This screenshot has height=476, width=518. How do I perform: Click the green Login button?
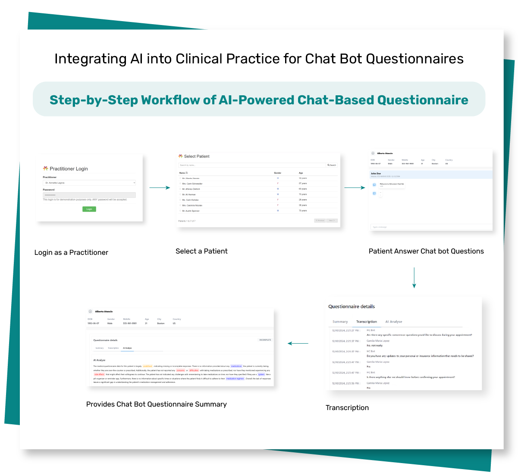pyautogui.click(x=89, y=209)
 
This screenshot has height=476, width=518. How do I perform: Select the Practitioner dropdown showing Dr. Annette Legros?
pyautogui.click(x=89, y=183)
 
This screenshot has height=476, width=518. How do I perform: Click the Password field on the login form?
pyautogui.click(x=89, y=195)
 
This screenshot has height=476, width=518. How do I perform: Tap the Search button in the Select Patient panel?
pyautogui.click(x=332, y=165)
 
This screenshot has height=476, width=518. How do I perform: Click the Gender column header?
pyautogui.click(x=278, y=173)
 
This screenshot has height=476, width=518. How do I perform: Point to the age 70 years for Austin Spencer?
pyautogui.click(x=303, y=211)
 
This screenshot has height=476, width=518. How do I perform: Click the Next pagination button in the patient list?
pyautogui.click(x=332, y=220)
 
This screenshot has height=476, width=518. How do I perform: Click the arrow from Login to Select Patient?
pyautogui.click(x=160, y=188)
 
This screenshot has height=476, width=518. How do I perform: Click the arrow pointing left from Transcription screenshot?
pyautogui.click(x=298, y=343)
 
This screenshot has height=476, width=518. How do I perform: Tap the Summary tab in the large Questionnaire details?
pyautogui.click(x=340, y=322)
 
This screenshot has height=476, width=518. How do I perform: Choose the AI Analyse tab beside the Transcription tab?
pyautogui.click(x=394, y=322)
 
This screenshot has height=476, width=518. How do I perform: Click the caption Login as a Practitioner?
pyautogui.click(x=71, y=253)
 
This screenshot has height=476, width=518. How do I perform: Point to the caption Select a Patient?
pyautogui.click(x=201, y=251)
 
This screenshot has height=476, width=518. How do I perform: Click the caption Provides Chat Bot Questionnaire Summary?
pyautogui.click(x=157, y=404)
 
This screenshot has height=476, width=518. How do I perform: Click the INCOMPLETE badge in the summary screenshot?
pyautogui.click(x=265, y=340)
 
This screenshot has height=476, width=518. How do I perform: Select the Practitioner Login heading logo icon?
pyautogui.click(x=45, y=169)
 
